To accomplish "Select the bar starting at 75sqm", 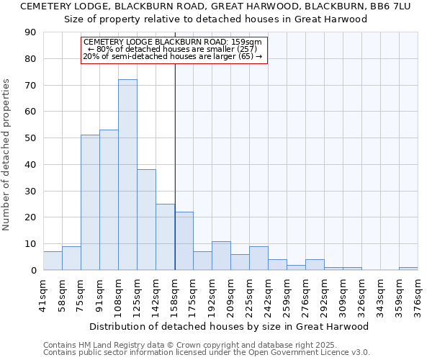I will [x=90, y=202].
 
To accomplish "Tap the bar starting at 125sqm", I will [x=146, y=220].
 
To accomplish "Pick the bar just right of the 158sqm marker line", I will [x=184, y=241].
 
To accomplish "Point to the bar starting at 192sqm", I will [x=221, y=256].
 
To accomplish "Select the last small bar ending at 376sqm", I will [x=408, y=269].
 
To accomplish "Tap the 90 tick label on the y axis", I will [x=30, y=32].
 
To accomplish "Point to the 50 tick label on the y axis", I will [x=30, y=138].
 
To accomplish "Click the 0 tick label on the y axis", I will [x=33, y=270].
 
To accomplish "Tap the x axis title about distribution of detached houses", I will [x=229, y=326].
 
